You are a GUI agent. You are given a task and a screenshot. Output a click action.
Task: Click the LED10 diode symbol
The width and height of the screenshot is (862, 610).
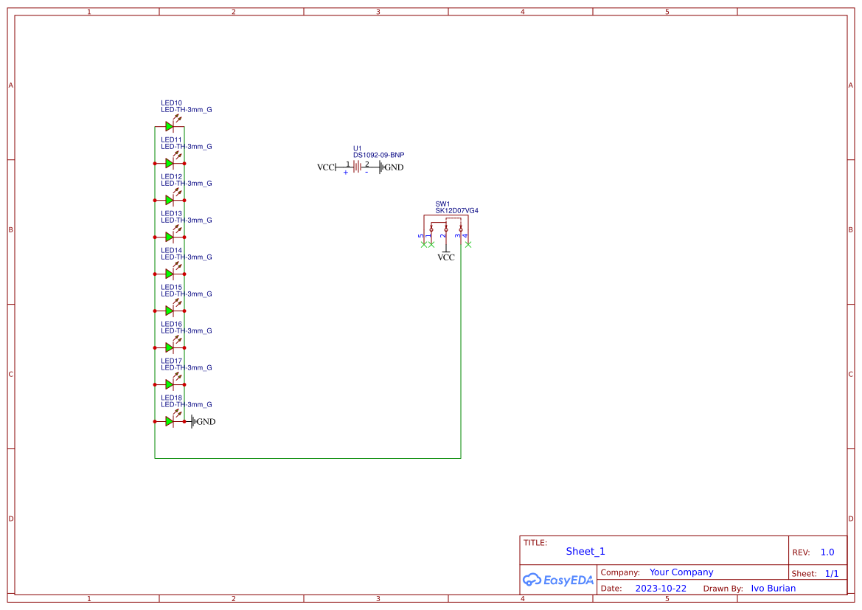(x=169, y=126)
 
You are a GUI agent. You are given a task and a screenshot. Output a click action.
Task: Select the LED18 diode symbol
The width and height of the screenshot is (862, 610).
(x=169, y=421)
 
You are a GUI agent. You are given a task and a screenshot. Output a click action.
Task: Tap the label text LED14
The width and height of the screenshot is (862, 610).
(x=171, y=250)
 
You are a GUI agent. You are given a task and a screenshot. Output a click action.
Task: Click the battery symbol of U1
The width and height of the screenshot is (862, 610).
(x=358, y=167)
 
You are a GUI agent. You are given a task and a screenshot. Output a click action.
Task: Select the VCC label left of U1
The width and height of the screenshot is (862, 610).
(x=325, y=167)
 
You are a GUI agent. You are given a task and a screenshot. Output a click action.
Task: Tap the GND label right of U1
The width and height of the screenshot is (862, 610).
(x=393, y=167)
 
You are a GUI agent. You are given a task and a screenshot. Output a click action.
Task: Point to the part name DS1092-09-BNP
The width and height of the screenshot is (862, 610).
(x=378, y=155)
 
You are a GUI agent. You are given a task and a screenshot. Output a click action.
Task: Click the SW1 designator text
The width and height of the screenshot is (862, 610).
(x=442, y=204)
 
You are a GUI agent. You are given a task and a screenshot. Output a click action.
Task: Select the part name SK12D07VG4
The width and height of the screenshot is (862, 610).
(x=456, y=210)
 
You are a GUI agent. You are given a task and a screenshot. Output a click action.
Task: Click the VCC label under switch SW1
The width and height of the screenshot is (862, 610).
(x=446, y=257)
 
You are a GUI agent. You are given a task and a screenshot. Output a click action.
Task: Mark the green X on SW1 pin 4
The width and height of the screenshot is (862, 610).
(x=468, y=244)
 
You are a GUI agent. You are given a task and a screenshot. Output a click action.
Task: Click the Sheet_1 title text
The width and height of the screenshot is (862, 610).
(x=585, y=551)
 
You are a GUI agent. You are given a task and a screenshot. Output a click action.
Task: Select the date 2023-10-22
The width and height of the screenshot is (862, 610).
(x=661, y=589)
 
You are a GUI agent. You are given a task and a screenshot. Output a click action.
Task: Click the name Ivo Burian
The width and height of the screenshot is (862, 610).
(x=774, y=589)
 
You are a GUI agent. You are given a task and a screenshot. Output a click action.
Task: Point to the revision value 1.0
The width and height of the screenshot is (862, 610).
(x=827, y=552)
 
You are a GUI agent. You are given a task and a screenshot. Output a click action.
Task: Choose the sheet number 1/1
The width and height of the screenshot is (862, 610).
(x=831, y=573)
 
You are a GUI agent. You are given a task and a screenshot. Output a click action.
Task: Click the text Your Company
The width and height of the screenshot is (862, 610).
(x=681, y=572)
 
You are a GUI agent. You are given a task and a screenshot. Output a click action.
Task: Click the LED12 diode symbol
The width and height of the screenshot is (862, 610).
(x=169, y=200)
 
